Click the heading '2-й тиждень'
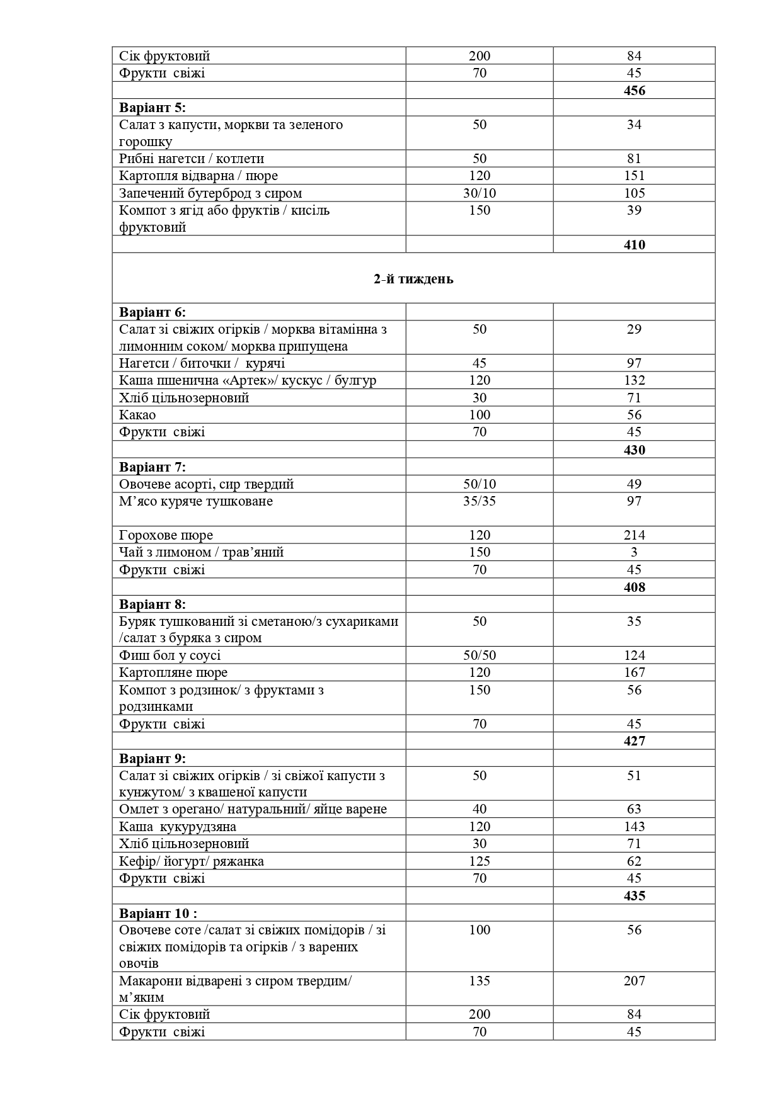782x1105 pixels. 413,279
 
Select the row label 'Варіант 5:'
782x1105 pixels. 152,107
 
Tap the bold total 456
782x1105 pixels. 634,90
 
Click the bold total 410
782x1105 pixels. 634,244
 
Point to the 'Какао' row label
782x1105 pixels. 137,414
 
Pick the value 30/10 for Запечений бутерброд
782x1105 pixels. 480,193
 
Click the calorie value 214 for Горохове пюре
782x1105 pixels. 634,535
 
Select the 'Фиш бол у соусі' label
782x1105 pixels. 170,655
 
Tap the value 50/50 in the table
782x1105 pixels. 480,655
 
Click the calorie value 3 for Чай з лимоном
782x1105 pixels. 634,552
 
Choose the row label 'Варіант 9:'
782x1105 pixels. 152,758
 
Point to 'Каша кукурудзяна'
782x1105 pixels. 178,827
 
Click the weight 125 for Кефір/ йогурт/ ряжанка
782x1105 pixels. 480,861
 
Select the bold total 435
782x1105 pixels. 634,895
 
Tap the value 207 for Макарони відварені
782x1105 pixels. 634,980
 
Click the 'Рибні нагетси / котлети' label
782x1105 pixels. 192,159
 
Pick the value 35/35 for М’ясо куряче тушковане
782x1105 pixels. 480,501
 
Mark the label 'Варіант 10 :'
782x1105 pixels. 158,912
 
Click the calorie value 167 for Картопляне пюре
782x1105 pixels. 634,672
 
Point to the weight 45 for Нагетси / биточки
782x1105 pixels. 480,363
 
